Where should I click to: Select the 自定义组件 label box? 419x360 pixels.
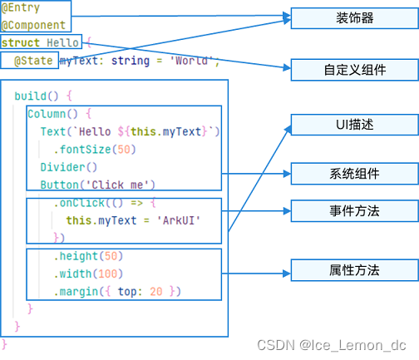pos(354,70)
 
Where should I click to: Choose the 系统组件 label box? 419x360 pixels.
pos(354,174)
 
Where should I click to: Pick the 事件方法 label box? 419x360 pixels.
pos(354,211)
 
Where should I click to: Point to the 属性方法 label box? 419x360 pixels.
pos(354,270)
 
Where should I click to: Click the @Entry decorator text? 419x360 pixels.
pos(18,7)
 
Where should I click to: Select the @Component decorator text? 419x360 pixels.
pos(32,25)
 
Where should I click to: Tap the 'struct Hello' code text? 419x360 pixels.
pos(40,42)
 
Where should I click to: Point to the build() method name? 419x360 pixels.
pos(37,96)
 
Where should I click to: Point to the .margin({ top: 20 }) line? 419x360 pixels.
pos(116,291)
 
